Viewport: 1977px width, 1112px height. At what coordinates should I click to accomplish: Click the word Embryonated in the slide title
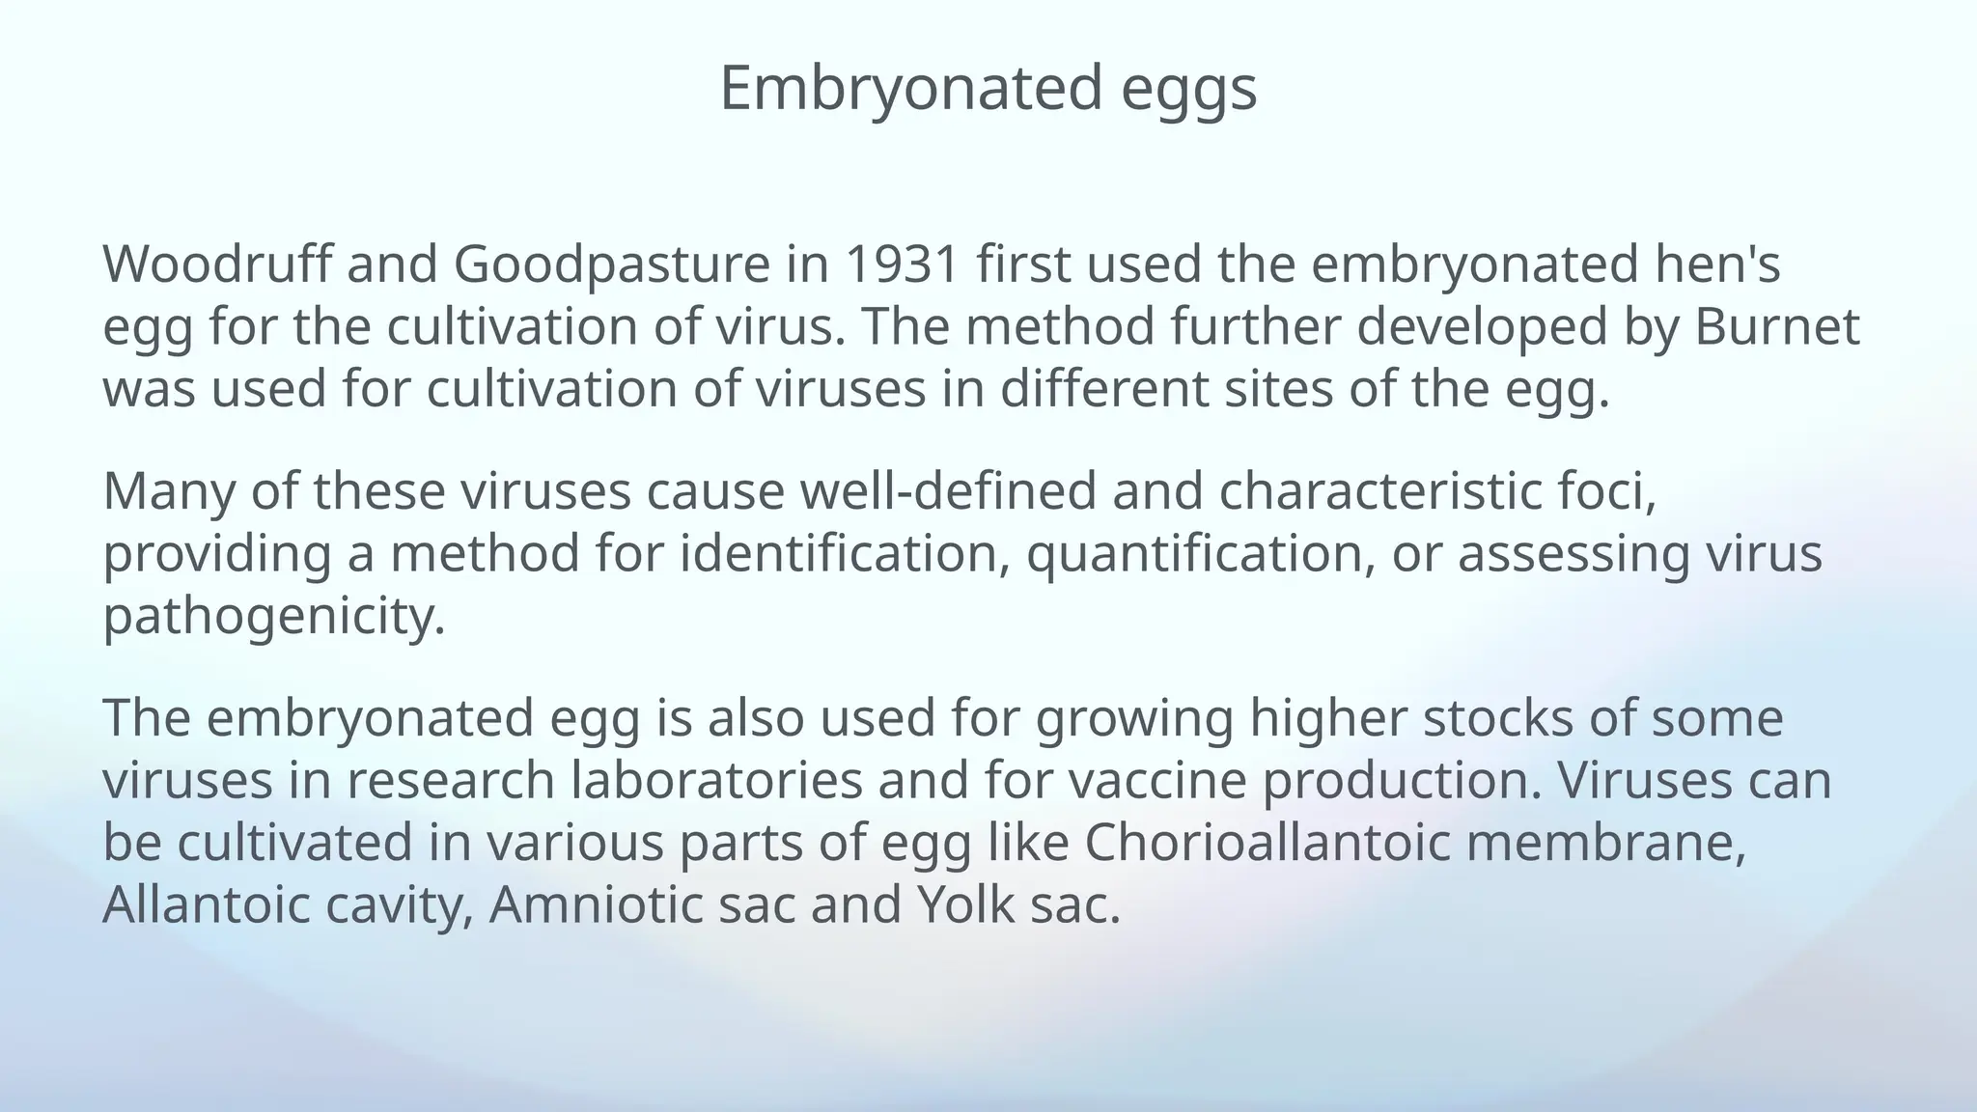click(910, 89)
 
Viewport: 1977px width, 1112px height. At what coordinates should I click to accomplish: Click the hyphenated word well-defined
click(949, 491)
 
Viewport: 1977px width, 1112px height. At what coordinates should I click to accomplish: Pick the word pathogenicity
click(273, 617)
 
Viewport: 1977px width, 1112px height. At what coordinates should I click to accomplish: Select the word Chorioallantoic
click(1267, 842)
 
